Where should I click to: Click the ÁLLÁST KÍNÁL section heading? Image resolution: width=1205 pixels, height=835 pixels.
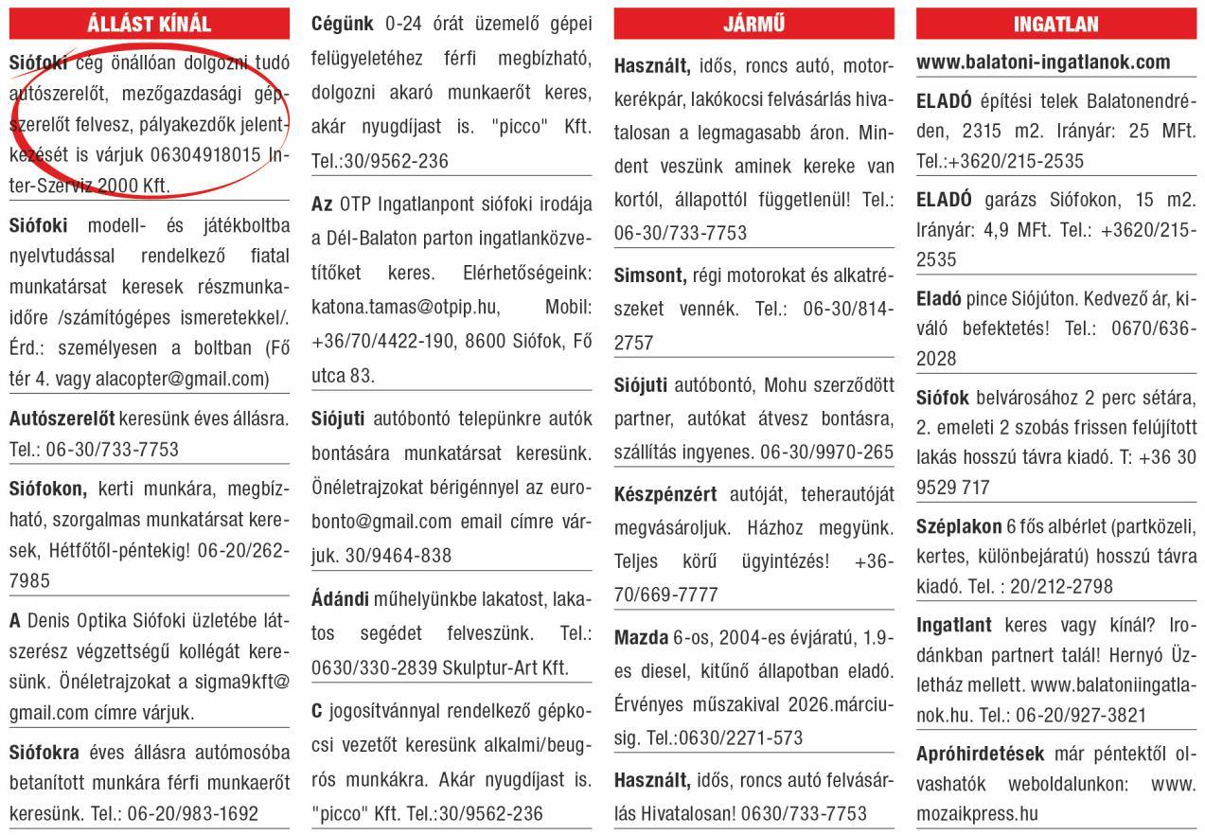click(149, 24)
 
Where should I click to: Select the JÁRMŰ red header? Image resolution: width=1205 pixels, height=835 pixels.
click(753, 24)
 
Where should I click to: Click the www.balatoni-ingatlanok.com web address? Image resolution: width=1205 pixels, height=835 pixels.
click(1043, 62)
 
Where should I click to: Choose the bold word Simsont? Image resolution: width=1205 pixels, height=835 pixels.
click(649, 275)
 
